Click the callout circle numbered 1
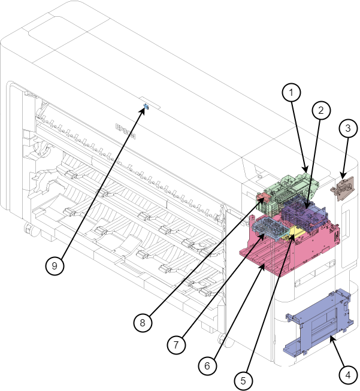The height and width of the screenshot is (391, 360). pyautogui.click(x=291, y=92)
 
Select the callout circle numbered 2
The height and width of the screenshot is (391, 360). pyautogui.click(x=321, y=110)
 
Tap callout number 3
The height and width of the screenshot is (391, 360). pyautogui.click(x=348, y=128)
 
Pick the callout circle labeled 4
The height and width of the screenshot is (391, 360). pyautogui.click(x=348, y=375)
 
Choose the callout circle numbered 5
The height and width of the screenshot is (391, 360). pyautogui.click(x=243, y=381)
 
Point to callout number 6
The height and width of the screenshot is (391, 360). pyautogui.click(x=207, y=366)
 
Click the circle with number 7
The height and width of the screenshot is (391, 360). pyautogui.click(x=176, y=345)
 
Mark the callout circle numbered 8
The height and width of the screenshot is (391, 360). pyautogui.click(x=143, y=323)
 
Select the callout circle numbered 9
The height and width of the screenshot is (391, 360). pyautogui.click(x=55, y=266)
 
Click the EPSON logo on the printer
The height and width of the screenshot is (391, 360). pyautogui.click(x=125, y=131)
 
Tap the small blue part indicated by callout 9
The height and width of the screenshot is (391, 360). pyautogui.click(x=146, y=107)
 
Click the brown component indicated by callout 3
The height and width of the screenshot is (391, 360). pyautogui.click(x=343, y=188)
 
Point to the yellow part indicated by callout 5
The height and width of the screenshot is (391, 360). pyautogui.click(x=294, y=232)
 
